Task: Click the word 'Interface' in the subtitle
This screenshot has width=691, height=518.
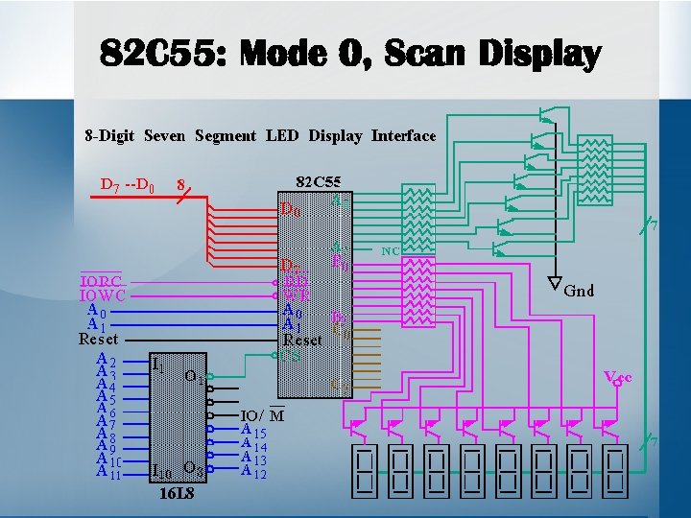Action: tap(403, 135)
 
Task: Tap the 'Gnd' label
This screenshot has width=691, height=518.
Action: tap(579, 290)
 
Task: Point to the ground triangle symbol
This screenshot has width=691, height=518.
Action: tap(555, 284)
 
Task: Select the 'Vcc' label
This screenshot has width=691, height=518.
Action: tap(616, 377)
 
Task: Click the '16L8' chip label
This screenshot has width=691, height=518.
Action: tap(177, 495)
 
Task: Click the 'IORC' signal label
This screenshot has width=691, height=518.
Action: tap(101, 281)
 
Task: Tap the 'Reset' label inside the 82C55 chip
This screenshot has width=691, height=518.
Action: tap(302, 340)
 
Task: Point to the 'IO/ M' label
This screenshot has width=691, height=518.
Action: tap(262, 414)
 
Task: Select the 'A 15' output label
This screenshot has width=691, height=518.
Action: tap(253, 432)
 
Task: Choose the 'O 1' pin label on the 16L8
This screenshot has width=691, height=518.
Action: tap(193, 375)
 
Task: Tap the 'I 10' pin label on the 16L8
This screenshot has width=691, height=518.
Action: tap(162, 472)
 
